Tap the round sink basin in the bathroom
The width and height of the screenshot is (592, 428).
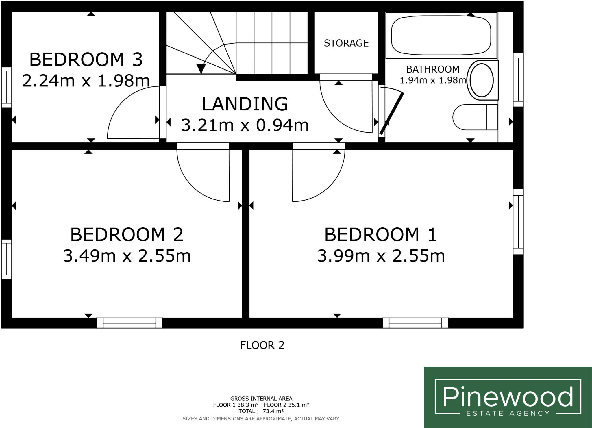(x=482, y=80)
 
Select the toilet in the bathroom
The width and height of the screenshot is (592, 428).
(x=475, y=117)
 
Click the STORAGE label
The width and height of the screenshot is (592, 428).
(x=346, y=43)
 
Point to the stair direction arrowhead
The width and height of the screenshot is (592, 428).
(x=201, y=68)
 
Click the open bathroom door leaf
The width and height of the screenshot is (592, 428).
(x=392, y=113)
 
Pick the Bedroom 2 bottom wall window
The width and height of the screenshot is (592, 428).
(x=129, y=323)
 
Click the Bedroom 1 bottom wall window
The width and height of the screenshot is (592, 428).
(x=415, y=323)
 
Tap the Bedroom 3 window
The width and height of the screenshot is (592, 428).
(x=6, y=87)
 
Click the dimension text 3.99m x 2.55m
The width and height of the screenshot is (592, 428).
(x=381, y=256)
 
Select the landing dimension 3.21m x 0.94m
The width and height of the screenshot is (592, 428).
(x=245, y=125)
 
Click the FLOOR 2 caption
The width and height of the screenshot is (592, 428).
(x=262, y=345)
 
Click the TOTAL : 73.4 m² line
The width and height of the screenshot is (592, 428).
(x=261, y=411)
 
